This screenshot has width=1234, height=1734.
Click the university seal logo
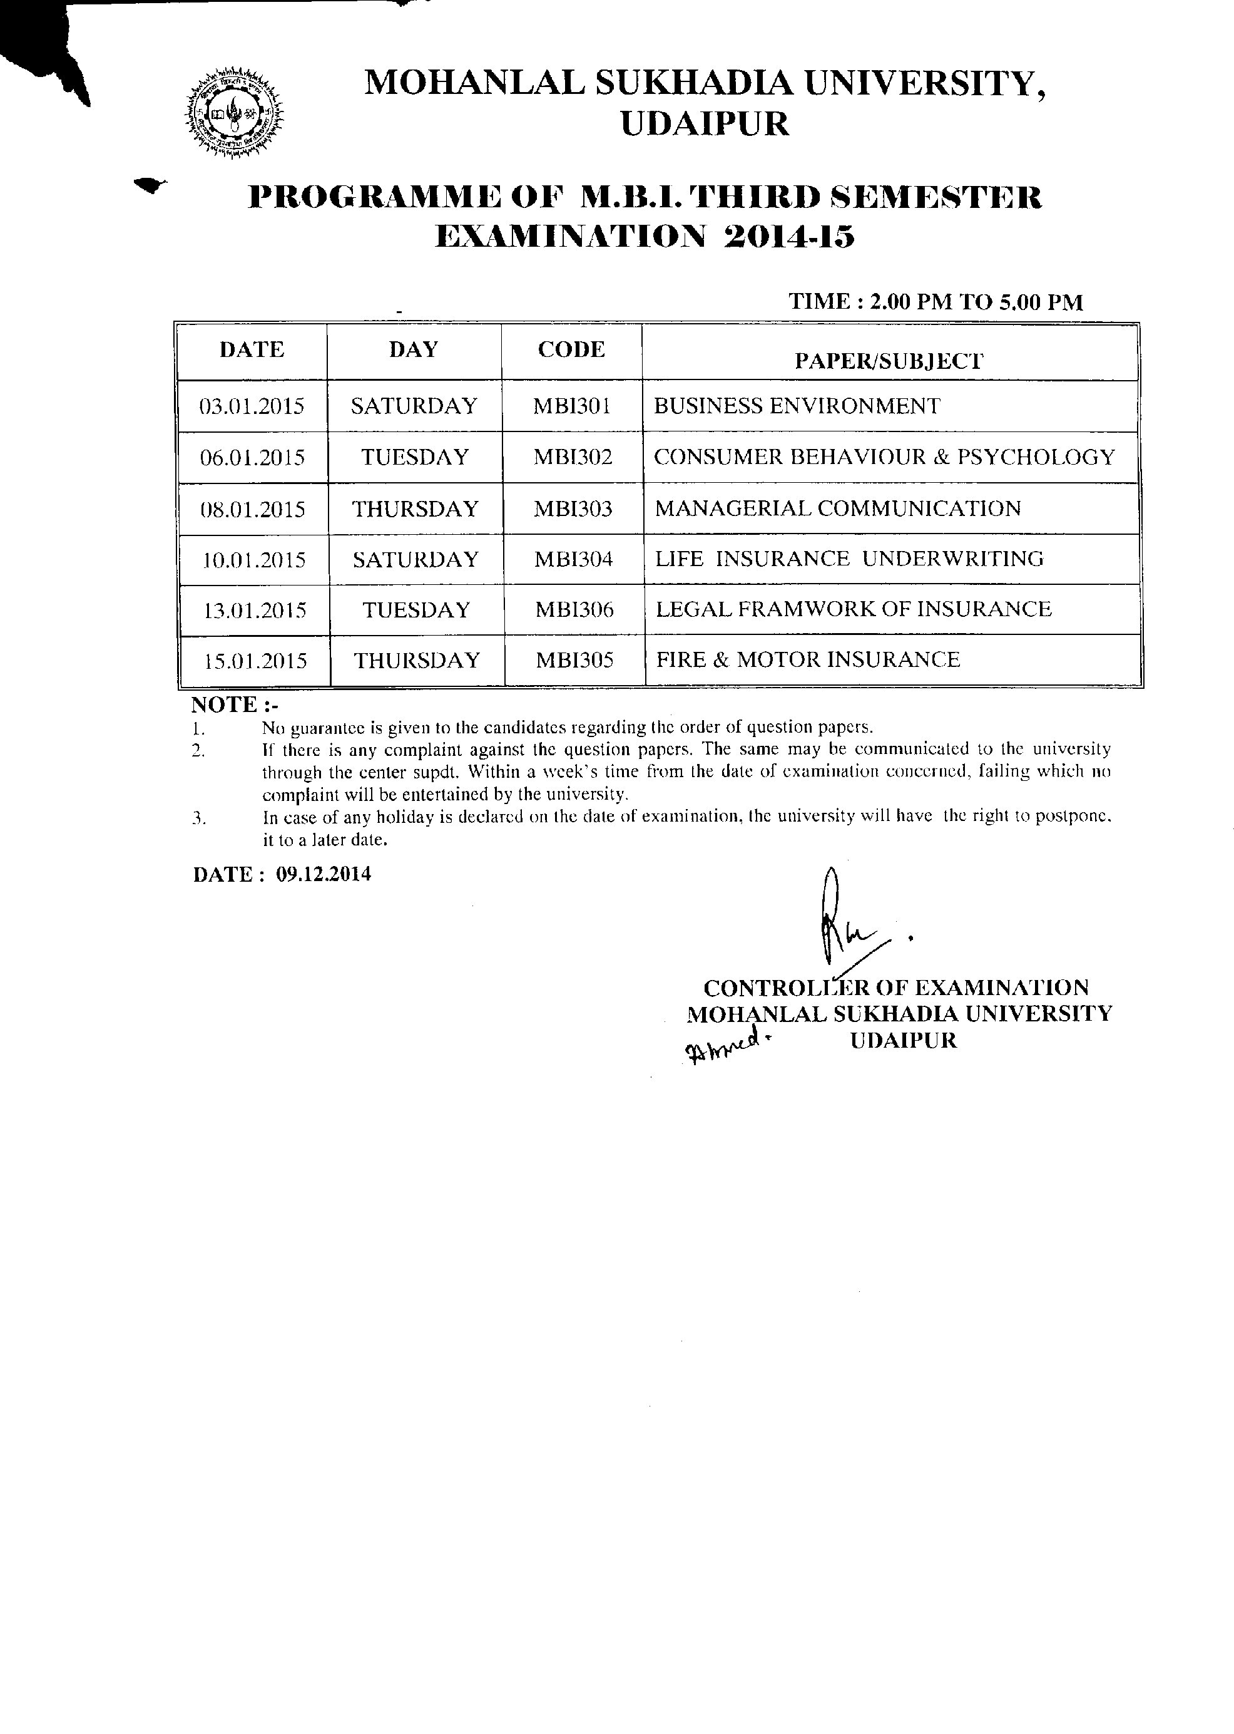coord(234,114)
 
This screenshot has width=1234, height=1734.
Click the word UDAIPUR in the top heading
coord(705,124)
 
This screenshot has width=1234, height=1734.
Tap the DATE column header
coord(252,349)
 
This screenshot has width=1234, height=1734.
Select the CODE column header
coord(571,349)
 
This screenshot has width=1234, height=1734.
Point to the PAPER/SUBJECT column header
coord(889,361)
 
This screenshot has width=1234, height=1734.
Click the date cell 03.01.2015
coord(252,406)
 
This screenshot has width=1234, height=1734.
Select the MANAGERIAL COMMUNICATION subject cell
coord(837,508)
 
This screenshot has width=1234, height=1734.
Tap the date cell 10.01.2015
coord(254,560)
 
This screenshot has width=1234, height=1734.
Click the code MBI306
coord(574,610)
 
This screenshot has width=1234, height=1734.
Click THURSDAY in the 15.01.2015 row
coord(417,660)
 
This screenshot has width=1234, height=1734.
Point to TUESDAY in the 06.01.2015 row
coord(415,457)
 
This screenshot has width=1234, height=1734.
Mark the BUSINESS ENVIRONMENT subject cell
coord(797,406)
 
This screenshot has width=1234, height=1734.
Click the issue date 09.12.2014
coord(324,874)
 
